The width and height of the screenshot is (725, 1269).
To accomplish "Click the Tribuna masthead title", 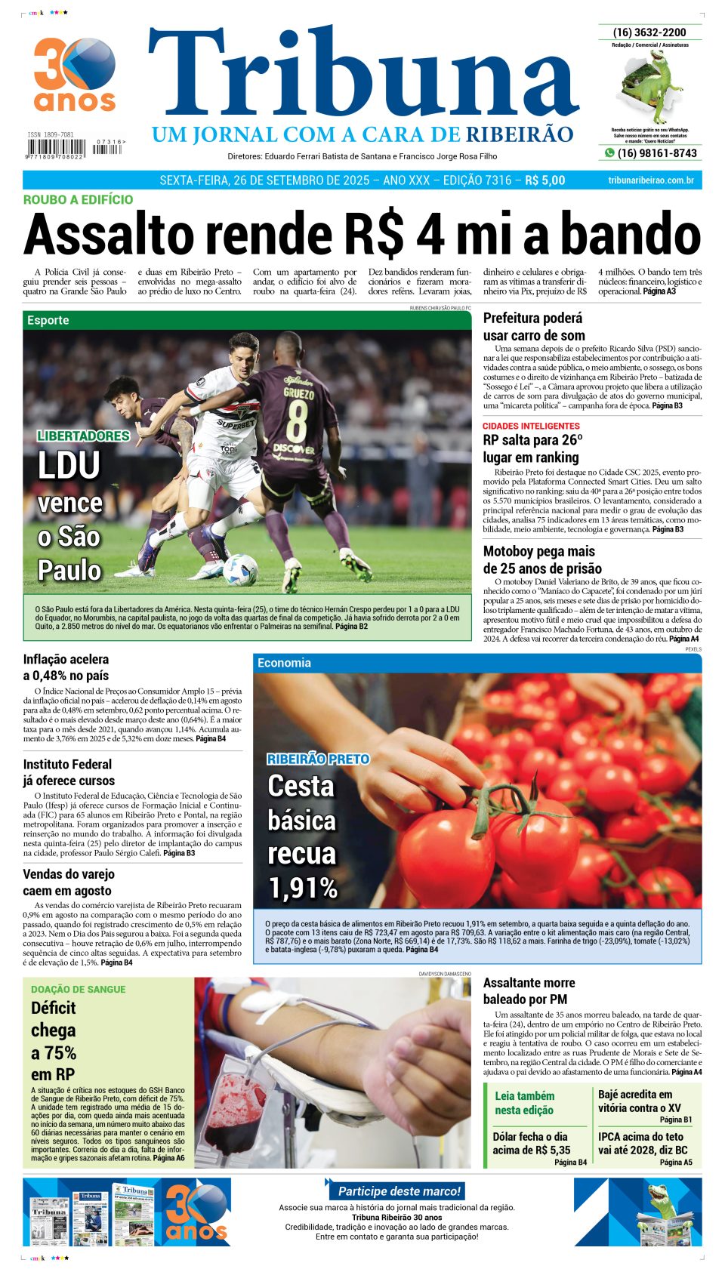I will [x=362, y=75].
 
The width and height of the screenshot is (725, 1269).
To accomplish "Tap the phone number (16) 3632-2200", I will [x=649, y=32].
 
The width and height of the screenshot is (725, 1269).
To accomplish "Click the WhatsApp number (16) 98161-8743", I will [x=656, y=153].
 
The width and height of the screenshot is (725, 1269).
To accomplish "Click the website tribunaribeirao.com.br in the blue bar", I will [x=650, y=180].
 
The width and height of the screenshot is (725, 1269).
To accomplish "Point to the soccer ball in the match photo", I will [x=240, y=570].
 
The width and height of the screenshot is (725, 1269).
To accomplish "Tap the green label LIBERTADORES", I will [x=83, y=436].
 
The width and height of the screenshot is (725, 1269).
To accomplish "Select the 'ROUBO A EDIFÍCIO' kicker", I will [x=78, y=200].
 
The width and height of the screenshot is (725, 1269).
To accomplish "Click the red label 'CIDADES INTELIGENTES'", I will [x=531, y=426].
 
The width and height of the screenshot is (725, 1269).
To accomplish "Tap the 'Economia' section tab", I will [x=284, y=663].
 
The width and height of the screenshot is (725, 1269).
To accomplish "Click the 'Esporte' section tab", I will [x=48, y=320].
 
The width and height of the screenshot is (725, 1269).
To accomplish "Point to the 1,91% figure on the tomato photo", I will [x=303, y=889].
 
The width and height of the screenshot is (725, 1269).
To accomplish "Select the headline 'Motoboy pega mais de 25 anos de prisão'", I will [x=542, y=560].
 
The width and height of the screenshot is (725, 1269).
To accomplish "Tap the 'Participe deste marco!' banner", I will [x=399, y=1191].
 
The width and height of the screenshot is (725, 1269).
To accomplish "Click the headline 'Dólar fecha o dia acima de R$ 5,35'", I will [x=531, y=1144].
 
